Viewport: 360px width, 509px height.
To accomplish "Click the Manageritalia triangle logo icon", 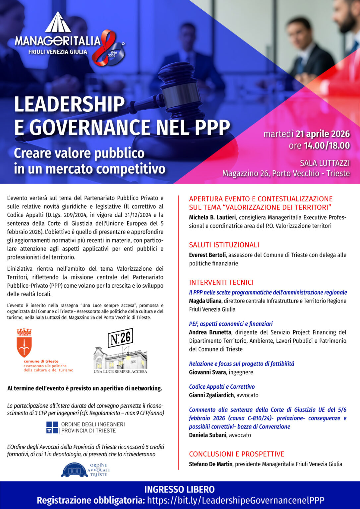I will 58,23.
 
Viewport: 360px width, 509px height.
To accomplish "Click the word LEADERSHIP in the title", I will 69,105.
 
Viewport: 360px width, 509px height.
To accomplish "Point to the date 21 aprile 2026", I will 323,134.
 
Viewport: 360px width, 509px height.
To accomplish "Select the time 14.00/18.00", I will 327,145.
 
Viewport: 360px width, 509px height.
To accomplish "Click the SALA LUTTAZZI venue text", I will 325,163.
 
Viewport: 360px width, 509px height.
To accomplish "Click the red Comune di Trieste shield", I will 24,343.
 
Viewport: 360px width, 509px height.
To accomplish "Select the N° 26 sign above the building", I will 120,338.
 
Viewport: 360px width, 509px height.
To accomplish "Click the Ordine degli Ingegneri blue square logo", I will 52,427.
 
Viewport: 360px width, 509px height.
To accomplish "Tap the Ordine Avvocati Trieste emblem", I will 75,470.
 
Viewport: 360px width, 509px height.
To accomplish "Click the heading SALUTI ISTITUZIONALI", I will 224,245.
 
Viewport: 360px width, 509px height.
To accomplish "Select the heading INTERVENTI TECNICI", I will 221,282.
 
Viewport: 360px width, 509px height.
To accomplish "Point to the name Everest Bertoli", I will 208,255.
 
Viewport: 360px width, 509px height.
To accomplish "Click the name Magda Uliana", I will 205,301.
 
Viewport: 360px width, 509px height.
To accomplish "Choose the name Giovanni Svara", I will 207,372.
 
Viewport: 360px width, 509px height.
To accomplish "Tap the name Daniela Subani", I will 208,435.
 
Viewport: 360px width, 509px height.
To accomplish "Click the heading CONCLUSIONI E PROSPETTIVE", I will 236,454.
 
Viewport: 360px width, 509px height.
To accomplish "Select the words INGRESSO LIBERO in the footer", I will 179,489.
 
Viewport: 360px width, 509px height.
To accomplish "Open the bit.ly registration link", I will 235,500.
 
